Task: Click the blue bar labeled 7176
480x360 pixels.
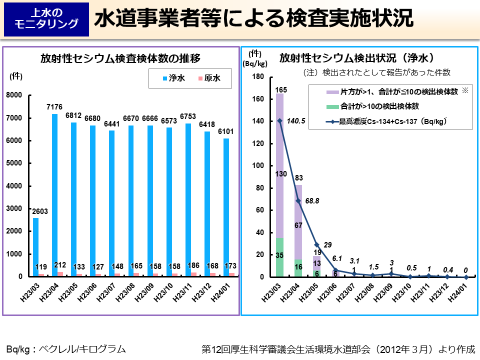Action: tap(54, 195)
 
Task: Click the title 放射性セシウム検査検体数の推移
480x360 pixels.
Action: tap(120, 58)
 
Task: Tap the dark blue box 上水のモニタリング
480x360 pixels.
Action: tap(46, 19)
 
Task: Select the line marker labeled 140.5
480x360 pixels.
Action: tap(279, 120)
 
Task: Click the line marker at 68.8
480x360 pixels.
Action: tap(298, 200)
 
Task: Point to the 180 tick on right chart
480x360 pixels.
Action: tap(257, 76)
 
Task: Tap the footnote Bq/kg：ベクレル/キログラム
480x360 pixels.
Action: tap(65, 348)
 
